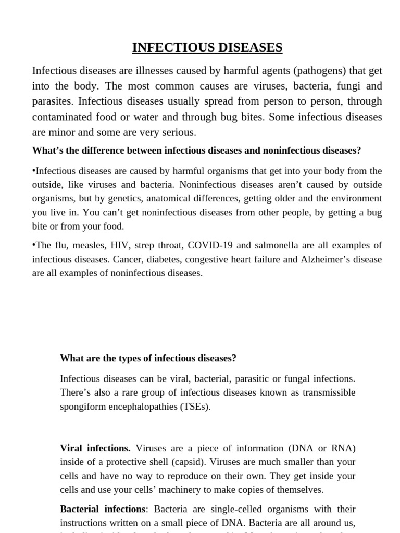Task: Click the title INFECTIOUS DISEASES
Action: tap(207, 48)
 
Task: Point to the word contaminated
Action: tap(64, 117)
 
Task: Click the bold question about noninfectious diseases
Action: tap(196, 150)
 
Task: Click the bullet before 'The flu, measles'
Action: tap(34, 245)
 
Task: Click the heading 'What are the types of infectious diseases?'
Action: tap(148, 358)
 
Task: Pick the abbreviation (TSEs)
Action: tap(195, 407)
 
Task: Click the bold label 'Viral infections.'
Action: tap(95, 448)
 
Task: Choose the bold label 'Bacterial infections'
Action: tap(103, 509)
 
